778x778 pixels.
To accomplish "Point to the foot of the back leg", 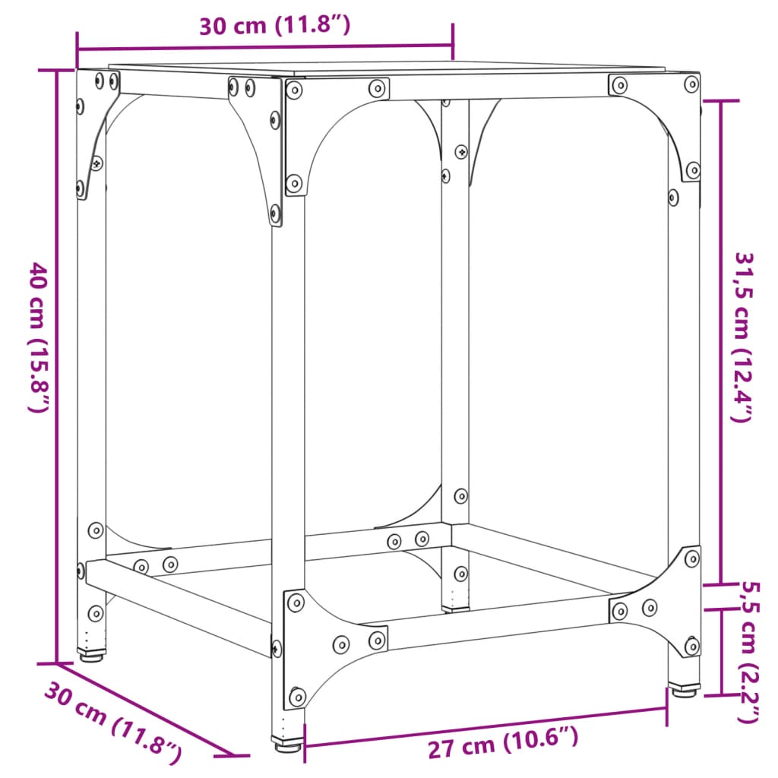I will [454, 607].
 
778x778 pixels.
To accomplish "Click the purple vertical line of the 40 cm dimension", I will [57, 365].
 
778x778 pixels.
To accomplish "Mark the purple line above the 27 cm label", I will [486, 725].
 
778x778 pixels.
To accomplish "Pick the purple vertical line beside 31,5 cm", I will [719, 342].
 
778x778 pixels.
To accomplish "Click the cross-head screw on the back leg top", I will [461, 152].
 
